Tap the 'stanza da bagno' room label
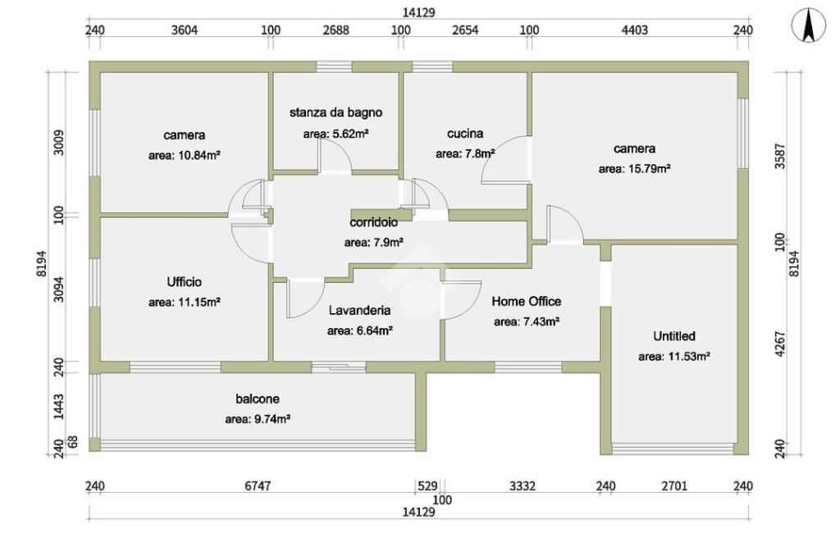pos(336,112)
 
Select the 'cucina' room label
pos(465,133)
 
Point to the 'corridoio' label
pos(373,222)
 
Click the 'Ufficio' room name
pos(184,282)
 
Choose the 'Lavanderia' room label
pos(359,311)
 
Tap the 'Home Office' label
pos(527,302)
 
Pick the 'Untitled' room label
pos(674,336)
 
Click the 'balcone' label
pos(258,399)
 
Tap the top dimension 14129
pos(418,12)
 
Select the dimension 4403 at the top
pos(634,30)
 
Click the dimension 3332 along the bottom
pos(523,486)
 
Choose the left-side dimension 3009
pos(58,142)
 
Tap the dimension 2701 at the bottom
pos(676,486)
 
